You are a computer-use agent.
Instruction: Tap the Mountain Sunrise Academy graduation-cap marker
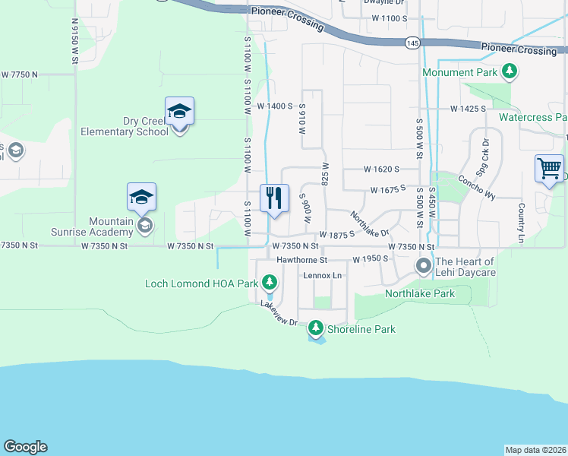(x=142, y=198)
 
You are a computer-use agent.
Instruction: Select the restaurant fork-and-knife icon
(x=274, y=198)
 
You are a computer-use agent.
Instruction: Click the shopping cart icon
(x=549, y=169)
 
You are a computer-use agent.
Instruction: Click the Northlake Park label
(x=419, y=293)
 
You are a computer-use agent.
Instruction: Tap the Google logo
(x=25, y=447)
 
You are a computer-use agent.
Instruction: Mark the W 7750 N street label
(x=20, y=74)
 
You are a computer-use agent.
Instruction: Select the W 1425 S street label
(x=467, y=109)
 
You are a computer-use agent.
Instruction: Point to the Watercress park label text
(x=532, y=118)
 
